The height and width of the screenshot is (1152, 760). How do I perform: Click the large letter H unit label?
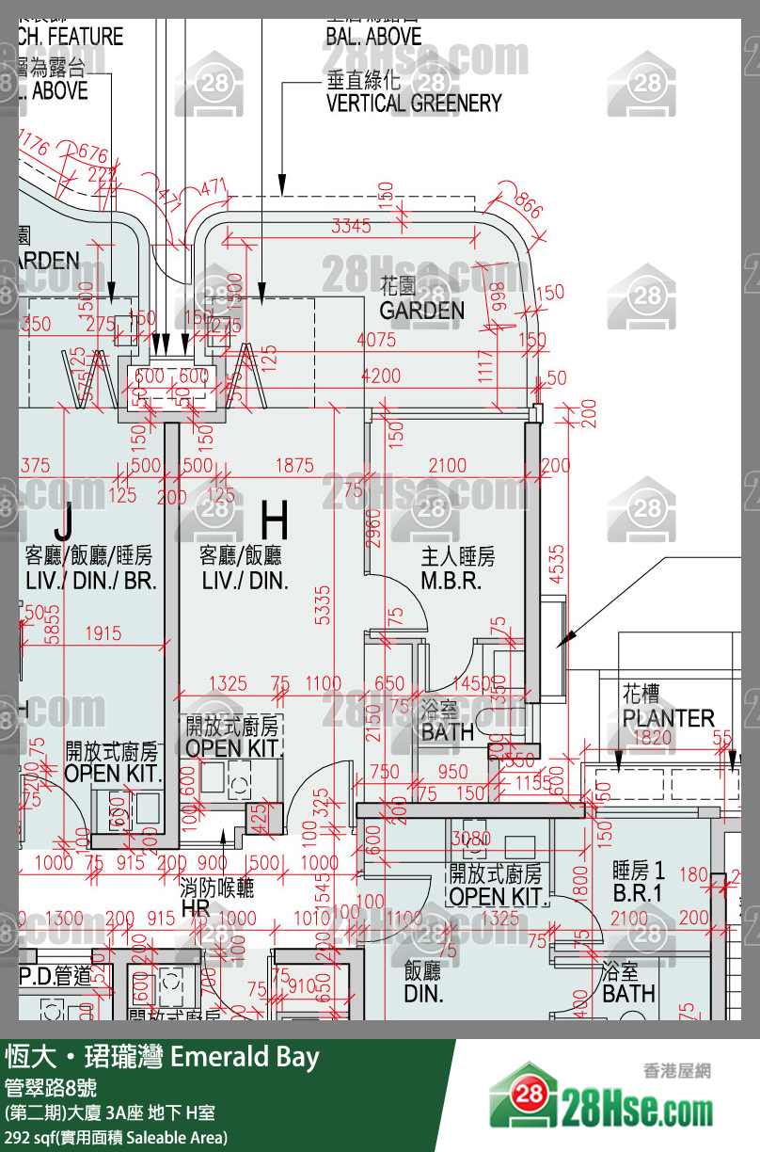pyautogui.click(x=274, y=520)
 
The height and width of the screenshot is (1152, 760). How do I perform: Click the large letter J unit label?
pyautogui.click(x=63, y=520)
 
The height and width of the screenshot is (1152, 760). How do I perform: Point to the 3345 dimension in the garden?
pyautogui.click(x=352, y=226)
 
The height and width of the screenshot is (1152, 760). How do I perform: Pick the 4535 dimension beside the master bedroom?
pyautogui.click(x=557, y=565)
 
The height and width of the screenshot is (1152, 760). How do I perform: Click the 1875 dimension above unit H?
pyautogui.click(x=294, y=465)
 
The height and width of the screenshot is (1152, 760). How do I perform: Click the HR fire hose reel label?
pyautogui.click(x=195, y=909)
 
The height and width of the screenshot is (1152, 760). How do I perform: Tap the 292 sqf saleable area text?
pyautogui.click(x=116, y=1137)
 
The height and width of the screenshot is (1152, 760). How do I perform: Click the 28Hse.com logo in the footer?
pyautogui.click(x=601, y=1097)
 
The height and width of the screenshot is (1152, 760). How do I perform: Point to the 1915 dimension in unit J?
pyautogui.click(x=103, y=633)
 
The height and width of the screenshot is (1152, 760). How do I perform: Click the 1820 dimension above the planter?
pyautogui.click(x=652, y=738)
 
